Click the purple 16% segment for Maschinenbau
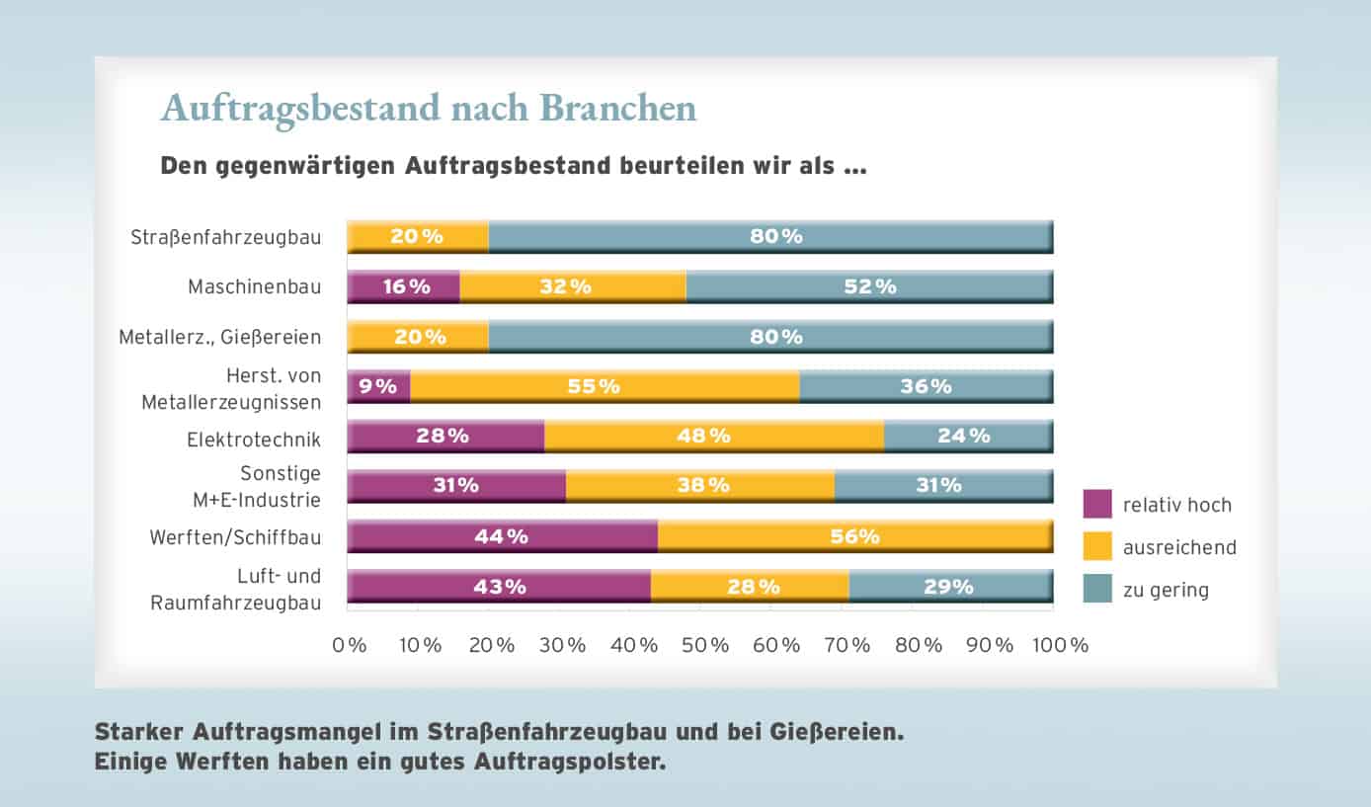pyautogui.click(x=403, y=286)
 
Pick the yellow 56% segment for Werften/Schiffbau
pyautogui.click(x=854, y=536)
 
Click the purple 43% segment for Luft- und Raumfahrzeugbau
pyautogui.click(x=499, y=586)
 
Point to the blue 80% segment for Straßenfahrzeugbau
pyautogui.click(x=770, y=237)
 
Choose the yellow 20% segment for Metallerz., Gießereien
pyautogui.click(x=417, y=337)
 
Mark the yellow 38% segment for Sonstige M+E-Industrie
pyautogui.click(x=699, y=485)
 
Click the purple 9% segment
pyautogui.click(x=377, y=386)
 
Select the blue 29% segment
pyautogui.click(x=950, y=586)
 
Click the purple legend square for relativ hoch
pyautogui.click(x=1097, y=505)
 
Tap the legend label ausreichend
pyautogui.click(x=1179, y=547)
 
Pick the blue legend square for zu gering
pyautogui.click(x=1097, y=589)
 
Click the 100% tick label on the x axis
pyautogui.click(x=1061, y=646)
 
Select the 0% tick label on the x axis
pyautogui.click(x=350, y=646)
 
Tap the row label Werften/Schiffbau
pyautogui.click(x=235, y=538)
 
